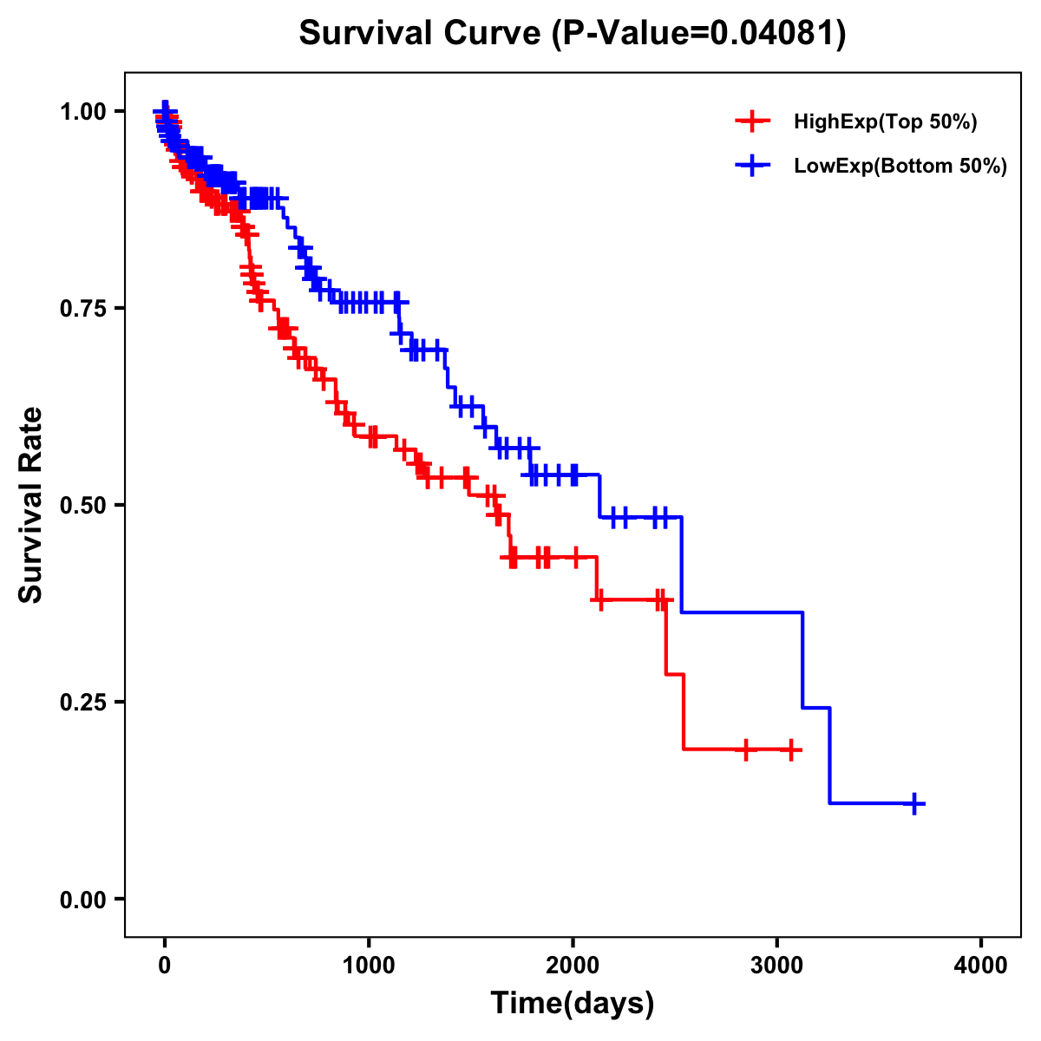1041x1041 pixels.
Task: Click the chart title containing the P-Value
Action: [572, 34]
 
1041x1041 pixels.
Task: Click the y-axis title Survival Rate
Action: [31, 505]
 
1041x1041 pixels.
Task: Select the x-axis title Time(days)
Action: [573, 1004]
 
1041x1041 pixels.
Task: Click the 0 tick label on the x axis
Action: [165, 965]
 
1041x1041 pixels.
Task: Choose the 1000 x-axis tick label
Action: [369, 965]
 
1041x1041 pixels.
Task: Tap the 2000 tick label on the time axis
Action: [573, 965]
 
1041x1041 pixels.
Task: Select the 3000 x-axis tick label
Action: [776, 965]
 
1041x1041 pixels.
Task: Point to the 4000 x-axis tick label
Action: [981, 965]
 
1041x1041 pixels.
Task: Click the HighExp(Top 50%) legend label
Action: [886, 122]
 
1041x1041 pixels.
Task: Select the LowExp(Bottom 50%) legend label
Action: [900, 166]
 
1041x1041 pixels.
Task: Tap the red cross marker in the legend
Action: [752, 122]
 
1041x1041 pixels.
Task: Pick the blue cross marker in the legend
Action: [752, 166]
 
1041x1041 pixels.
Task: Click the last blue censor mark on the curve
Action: [914, 803]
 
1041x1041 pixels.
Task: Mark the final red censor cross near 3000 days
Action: [791, 750]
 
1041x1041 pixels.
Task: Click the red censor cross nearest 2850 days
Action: [745, 750]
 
